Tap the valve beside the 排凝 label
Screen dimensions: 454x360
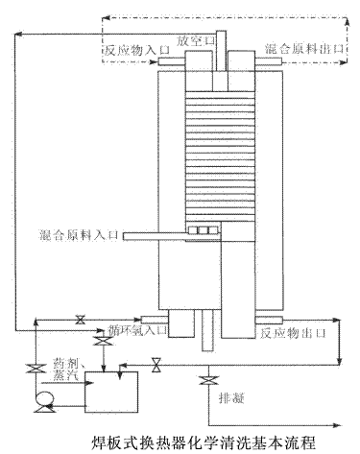[x=204, y=384]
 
